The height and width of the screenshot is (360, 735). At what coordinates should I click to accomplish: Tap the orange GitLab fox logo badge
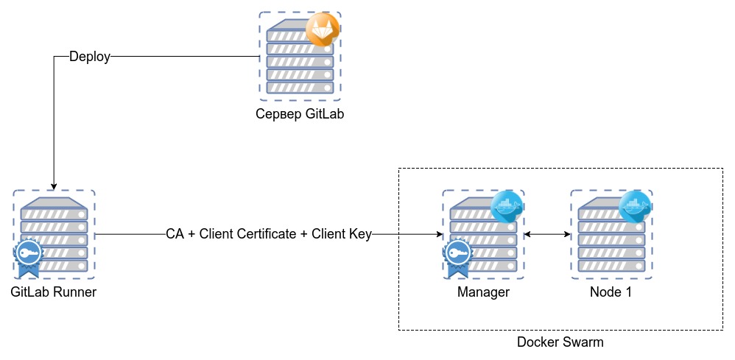[322, 29]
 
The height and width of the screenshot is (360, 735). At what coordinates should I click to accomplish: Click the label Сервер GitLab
[300, 114]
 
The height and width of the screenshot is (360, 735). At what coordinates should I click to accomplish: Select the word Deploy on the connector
[89, 57]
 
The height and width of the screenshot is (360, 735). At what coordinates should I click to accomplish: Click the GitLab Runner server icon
[54, 234]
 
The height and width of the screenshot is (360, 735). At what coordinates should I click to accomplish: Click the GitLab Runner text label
[54, 292]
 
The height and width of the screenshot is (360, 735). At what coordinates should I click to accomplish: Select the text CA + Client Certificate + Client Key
[268, 234]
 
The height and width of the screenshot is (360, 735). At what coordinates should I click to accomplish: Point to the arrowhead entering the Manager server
[438, 234]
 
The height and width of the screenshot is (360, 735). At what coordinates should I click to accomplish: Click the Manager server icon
[483, 234]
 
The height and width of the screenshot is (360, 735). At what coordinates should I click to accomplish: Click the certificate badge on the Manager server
[458, 255]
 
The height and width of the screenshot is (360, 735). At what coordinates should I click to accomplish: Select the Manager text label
[483, 292]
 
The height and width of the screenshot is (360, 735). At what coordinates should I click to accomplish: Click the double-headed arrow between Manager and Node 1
[547, 234]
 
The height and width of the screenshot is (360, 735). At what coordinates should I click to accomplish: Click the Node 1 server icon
[611, 234]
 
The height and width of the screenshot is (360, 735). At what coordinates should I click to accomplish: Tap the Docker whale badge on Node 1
[634, 207]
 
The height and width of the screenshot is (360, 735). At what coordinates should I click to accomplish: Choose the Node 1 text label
[611, 292]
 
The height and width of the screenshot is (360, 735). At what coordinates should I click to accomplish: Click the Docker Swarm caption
[560, 342]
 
